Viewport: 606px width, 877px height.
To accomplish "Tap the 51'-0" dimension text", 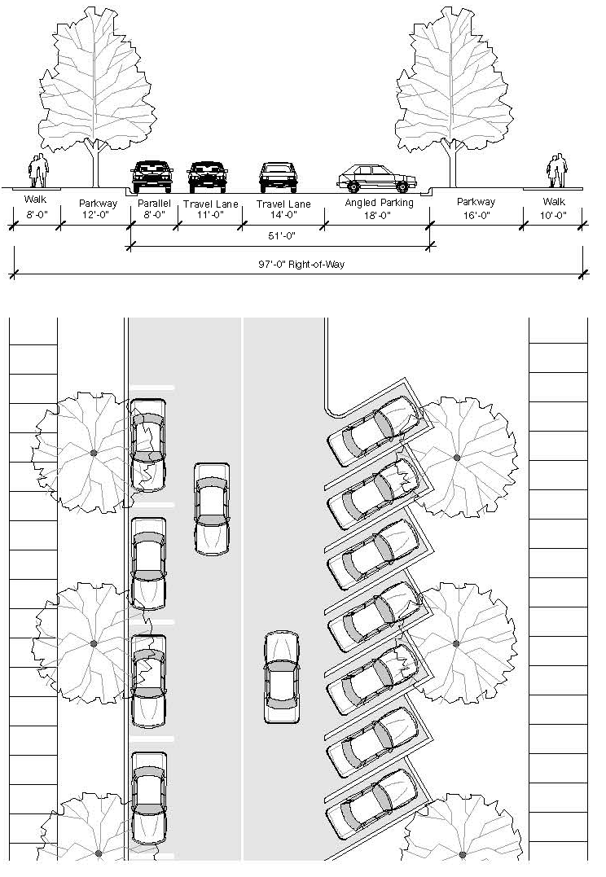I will click(281, 236).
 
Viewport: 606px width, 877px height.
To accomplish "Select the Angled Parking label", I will click(379, 203).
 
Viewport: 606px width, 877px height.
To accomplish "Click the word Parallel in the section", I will click(154, 203).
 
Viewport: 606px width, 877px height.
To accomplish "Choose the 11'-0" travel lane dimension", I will click(210, 215).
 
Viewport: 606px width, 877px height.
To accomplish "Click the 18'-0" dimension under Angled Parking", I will click(377, 215).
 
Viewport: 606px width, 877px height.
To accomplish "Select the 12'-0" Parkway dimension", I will click(98, 215).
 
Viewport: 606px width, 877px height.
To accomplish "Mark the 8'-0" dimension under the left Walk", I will click(35, 215).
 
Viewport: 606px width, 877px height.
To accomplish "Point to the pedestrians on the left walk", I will click(38, 171).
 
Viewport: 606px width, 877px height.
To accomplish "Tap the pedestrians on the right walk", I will click(556, 171).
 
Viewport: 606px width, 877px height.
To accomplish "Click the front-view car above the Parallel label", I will click(152, 174).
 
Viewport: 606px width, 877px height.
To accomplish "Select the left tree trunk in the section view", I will click(96, 163).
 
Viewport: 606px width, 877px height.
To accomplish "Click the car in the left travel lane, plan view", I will click(211, 509).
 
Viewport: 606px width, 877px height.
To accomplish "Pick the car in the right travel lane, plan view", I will click(282, 677).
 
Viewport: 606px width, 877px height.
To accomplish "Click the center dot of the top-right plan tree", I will click(457, 458).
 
